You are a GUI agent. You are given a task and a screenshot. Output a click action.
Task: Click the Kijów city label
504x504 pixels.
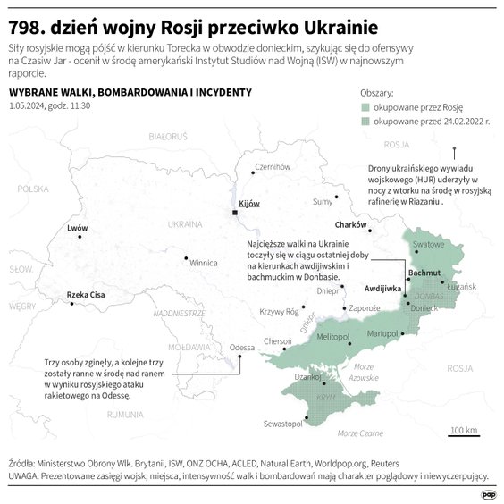[x=249, y=204]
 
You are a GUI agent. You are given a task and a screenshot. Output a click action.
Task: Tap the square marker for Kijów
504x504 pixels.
[x=234, y=213]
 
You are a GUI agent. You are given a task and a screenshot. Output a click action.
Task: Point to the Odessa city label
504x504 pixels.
[x=242, y=347]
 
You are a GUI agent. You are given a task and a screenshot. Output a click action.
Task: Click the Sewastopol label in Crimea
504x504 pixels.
[x=284, y=424]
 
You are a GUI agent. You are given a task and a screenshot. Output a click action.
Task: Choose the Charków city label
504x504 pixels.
[x=350, y=224]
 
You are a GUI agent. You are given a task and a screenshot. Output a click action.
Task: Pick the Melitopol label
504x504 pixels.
[x=332, y=335]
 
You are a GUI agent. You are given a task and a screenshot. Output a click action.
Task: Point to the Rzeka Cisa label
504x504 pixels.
[x=86, y=295]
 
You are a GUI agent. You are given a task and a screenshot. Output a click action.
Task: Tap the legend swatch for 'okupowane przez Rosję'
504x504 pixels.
[x=365, y=105]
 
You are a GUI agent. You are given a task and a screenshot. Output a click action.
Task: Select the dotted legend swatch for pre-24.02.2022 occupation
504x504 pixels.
[x=365, y=119]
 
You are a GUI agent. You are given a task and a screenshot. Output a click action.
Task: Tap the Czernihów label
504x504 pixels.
[x=273, y=167]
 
